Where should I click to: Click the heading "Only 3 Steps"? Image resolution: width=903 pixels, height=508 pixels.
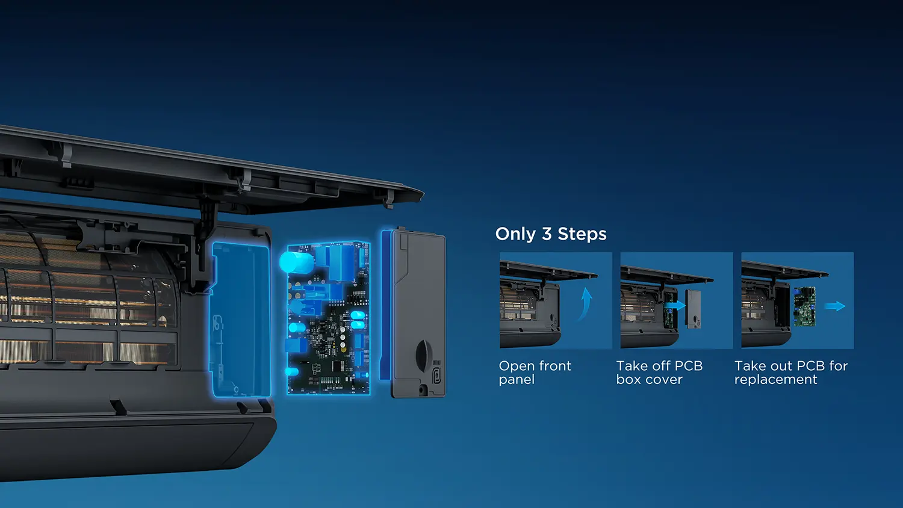(x=551, y=234)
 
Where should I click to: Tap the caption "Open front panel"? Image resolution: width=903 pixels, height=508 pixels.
(x=535, y=373)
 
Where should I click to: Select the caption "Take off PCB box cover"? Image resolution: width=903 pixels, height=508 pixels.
(x=660, y=373)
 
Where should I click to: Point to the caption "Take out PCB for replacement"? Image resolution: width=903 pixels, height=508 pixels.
(x=791, y=373)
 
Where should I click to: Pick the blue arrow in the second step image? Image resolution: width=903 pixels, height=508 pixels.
(x=675, y=306)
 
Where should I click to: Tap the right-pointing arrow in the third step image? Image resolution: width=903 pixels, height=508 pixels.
(x=835, y=306)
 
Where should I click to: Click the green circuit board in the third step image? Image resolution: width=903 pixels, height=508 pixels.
(x=805, y=306)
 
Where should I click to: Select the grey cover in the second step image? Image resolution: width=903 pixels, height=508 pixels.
(x=694, y=309)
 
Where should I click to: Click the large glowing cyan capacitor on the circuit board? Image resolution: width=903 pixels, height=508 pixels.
(x=296, y=262)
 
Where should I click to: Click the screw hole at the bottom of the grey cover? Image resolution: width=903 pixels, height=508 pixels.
(x=422, y=389)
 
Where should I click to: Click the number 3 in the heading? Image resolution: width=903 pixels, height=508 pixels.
(x=546, y=234)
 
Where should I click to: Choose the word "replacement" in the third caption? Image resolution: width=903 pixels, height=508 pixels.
(x=775, y=380)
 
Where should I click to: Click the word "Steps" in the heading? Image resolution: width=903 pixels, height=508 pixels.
(x=582, y=235)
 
